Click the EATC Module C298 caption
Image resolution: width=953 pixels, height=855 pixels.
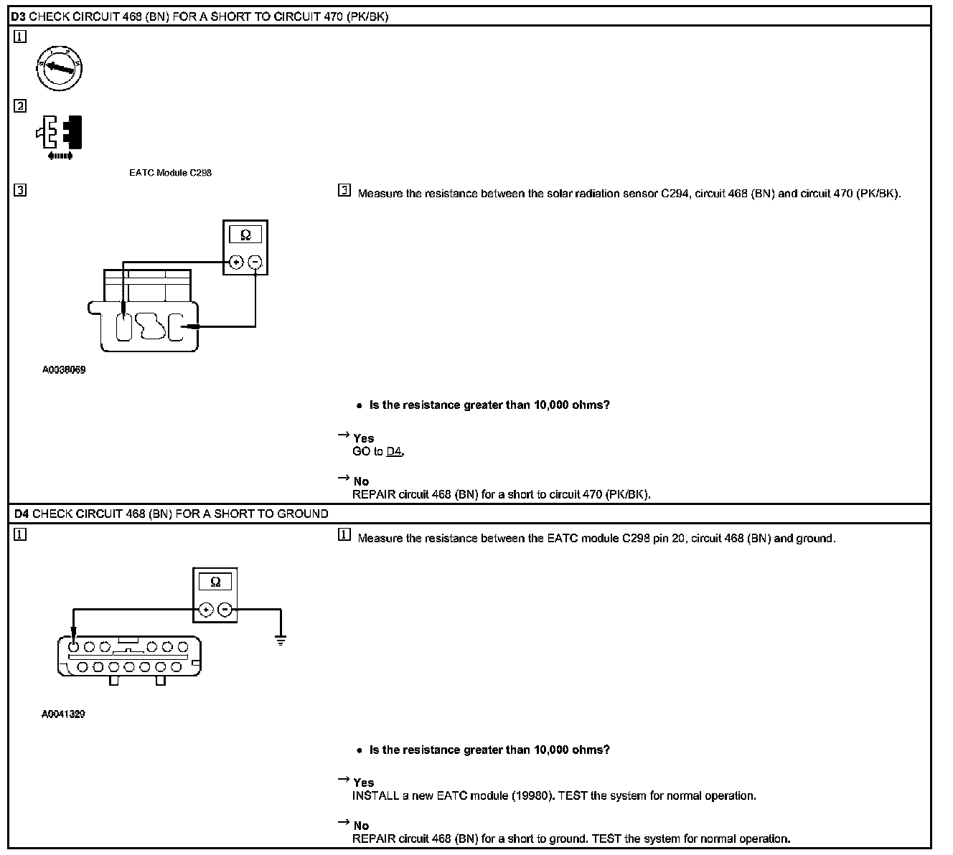170,173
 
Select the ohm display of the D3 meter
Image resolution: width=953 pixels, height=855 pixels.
245,235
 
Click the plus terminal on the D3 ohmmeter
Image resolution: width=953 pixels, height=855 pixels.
236,263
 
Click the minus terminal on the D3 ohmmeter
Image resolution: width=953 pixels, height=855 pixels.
255,263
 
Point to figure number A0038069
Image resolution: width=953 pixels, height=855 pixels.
64,370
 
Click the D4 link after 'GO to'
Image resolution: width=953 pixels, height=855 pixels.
394,451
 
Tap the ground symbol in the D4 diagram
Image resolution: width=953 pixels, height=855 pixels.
281,640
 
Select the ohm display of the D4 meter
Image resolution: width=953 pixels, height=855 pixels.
215,582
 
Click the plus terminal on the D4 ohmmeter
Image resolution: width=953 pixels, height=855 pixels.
206,610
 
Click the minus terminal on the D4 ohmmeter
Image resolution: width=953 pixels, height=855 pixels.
225,610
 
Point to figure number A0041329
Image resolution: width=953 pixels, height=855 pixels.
64,714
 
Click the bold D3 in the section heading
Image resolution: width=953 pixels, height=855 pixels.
19,16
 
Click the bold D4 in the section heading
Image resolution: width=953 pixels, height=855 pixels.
21,514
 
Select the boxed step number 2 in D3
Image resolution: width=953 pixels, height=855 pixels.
20,106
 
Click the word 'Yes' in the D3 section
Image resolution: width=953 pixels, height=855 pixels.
363,438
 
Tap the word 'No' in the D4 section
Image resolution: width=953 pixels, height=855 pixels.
361,826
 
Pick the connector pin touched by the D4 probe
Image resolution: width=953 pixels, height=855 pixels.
73,646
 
